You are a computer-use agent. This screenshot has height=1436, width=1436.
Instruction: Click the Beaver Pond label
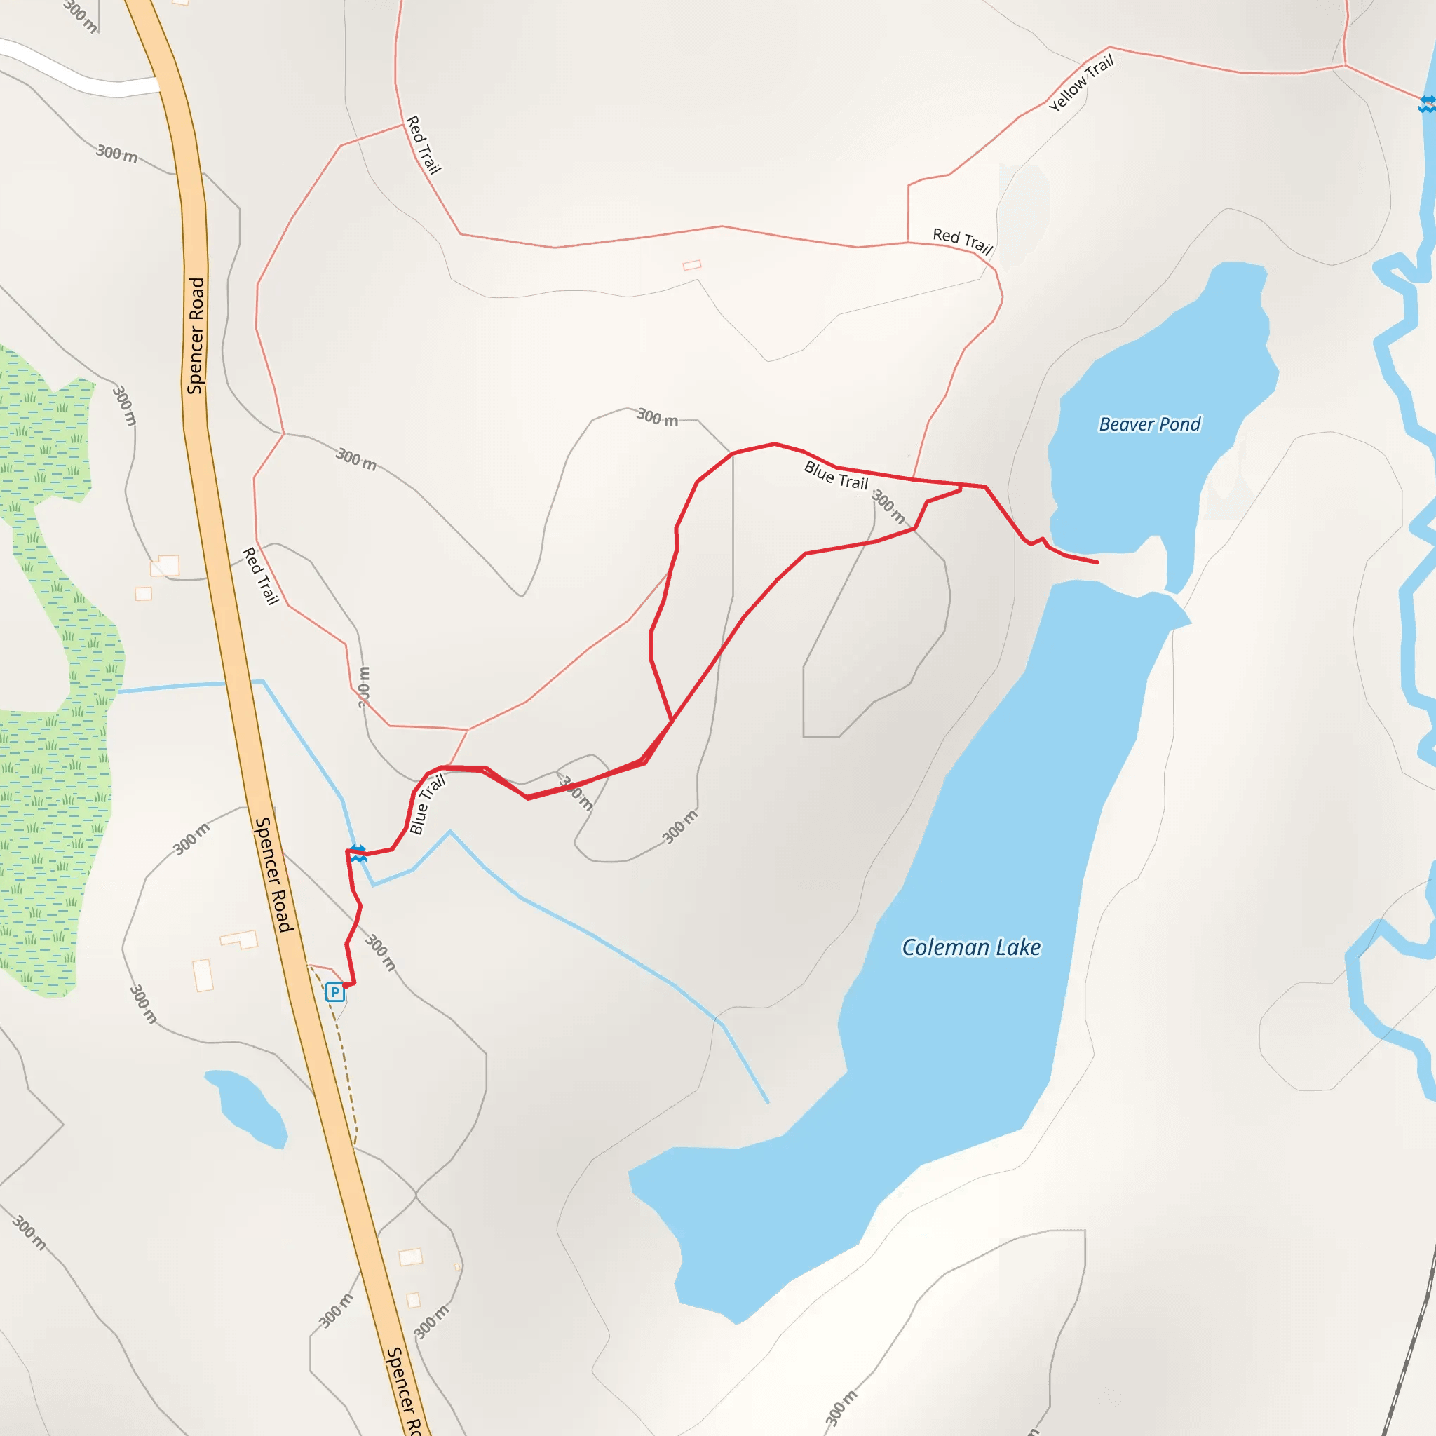pyautogui.click(x=1149, y=424)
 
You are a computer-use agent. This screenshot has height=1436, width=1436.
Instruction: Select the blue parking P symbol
pyautogui.click(x=335, y=991)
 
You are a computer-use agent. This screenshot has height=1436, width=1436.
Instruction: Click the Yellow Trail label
pyautogui.click(x=1081, y=83)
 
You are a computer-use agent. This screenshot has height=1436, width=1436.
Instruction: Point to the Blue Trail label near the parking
pyautogui.click(x=428, y=804)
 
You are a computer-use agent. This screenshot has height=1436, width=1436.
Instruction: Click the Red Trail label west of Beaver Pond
pyautogui.click(x=963, y=241)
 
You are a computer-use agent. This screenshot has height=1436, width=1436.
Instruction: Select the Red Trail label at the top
pyautogui.click(x=424, y=144)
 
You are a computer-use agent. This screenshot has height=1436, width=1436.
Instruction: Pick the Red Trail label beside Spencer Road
pyautogui.click(x=261, y=576)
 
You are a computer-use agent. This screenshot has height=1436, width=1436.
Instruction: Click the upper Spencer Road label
pyautogui.click(x=196, y=335)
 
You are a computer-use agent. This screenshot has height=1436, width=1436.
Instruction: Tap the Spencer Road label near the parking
pyautogui.click(x=273, y=874)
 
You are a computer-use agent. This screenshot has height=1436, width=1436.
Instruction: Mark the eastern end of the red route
pyautogui.click(x=1097, y=562)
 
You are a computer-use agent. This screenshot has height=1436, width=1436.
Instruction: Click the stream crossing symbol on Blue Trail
pyautogui.click(x=359, y=853)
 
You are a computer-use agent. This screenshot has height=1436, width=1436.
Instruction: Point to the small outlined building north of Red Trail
pyautogui.click(x=692, y=265)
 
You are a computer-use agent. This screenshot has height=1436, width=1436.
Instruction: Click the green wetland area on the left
pyautogui.click(x=52, y=818)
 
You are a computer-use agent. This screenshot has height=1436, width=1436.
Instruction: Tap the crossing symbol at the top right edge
pyautogui.click(x=1426, y=104)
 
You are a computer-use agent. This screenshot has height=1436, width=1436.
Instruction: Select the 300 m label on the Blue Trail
pyautogui.click(x=888, y=506)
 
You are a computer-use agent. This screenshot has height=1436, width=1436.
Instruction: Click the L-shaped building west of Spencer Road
pyautogui.click(x=239, y=940)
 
